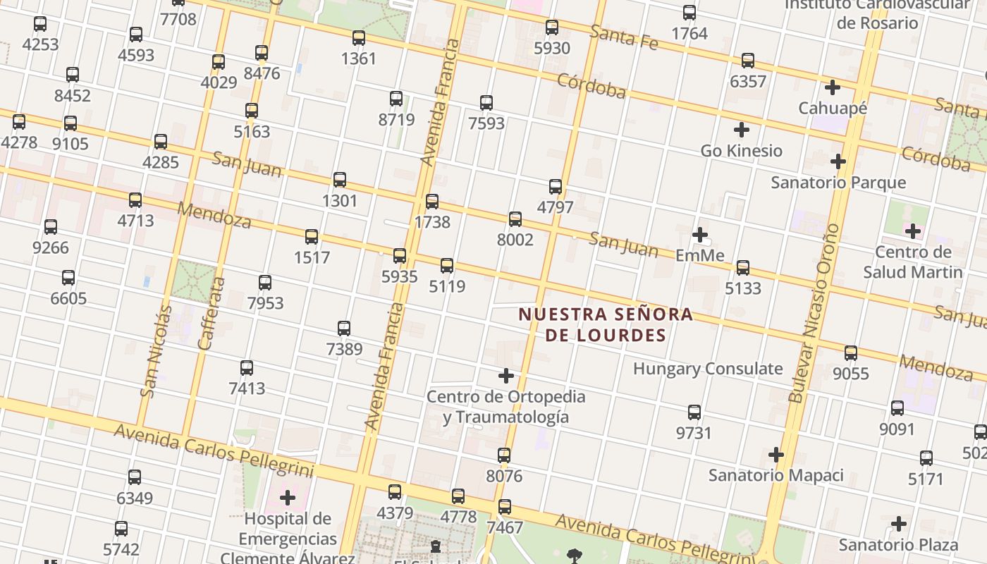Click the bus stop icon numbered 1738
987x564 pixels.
[432, 202]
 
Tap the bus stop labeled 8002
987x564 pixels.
[515, 219]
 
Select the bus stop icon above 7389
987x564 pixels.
[344, 329]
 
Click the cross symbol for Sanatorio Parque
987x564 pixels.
[838, 161]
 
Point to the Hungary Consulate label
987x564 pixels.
[708, 369]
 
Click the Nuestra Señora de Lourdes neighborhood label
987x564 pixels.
[606, 324]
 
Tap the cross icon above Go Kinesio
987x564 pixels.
[741, 130]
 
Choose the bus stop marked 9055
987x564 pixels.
[851, 353]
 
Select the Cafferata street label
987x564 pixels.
[211, 313]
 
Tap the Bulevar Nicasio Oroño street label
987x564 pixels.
[814, 313]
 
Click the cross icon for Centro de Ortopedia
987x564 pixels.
[505, 375]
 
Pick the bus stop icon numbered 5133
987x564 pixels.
[743, 268]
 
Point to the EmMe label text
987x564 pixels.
[700, 255]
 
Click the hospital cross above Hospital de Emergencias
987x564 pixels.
[288, 498]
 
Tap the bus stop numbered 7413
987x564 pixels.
[247, 368]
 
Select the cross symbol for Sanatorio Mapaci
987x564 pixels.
[775, 455]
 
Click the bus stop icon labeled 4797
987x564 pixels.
[556, 187]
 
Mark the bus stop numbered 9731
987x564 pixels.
[694, 412]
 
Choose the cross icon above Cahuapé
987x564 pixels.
[833, 87]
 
